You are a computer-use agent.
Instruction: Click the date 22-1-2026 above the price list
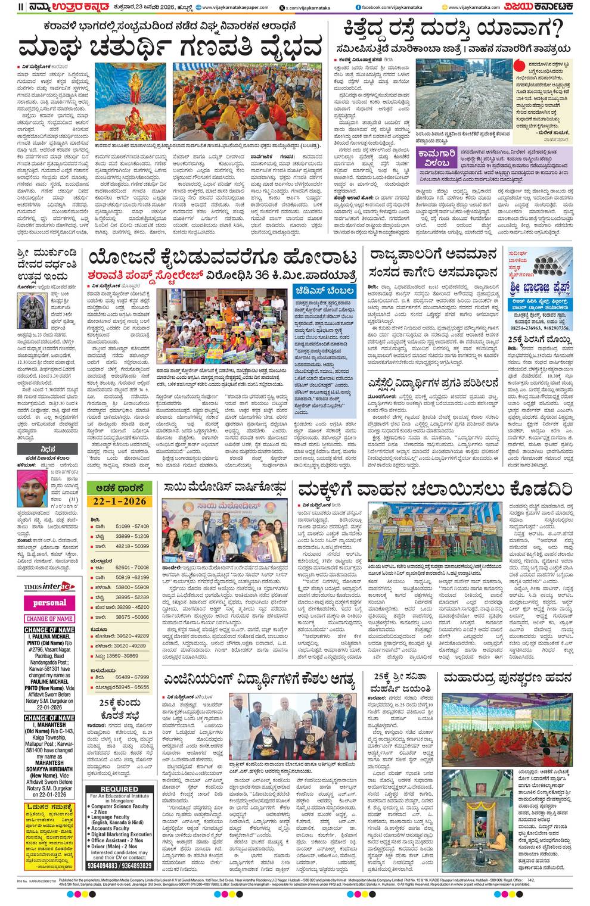116,501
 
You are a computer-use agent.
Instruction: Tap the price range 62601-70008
132,568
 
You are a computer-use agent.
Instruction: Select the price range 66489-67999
132,677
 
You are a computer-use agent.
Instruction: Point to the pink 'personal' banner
49,603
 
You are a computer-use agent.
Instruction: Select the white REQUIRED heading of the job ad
119,789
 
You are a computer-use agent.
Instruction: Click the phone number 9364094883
103,865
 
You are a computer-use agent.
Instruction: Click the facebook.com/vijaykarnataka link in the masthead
390,7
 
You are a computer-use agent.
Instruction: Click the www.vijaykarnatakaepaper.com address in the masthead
228,7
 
